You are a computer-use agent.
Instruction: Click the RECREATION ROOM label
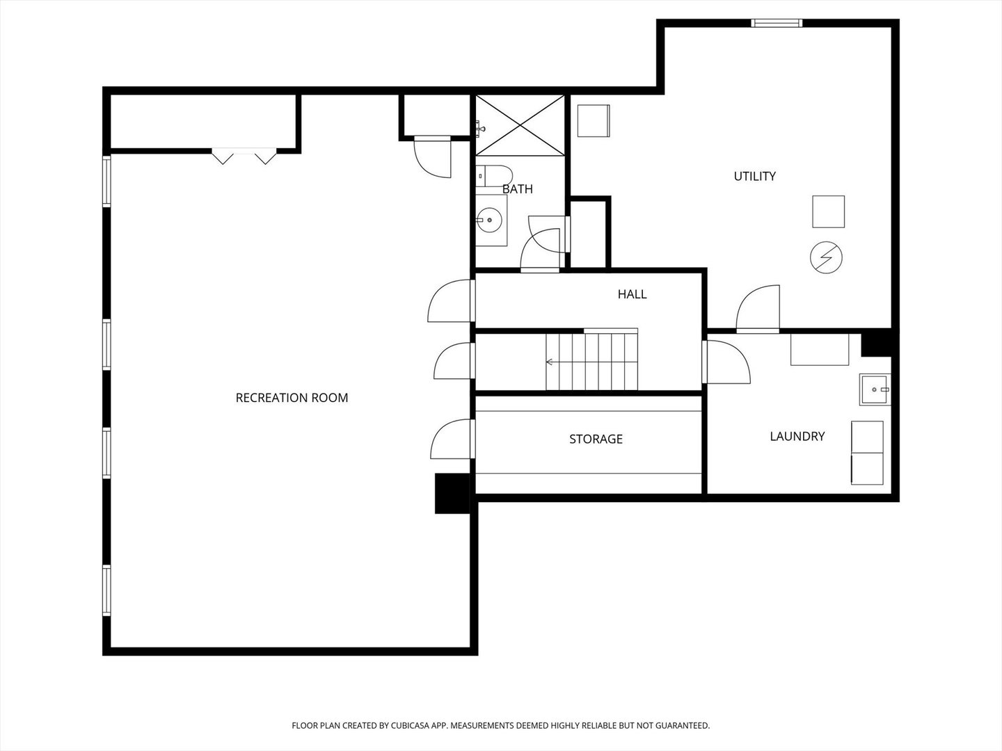pos(292,398)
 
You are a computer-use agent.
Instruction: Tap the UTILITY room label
pos(754,177)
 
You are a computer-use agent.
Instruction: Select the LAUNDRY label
pos(797,437)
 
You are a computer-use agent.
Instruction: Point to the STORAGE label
pos(596,439)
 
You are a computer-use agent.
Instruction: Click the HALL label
pos(632,295)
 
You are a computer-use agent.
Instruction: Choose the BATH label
pos(518,189)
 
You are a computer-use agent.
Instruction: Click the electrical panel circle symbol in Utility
pos(826,257)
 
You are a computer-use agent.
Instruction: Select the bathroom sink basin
pos(491,220)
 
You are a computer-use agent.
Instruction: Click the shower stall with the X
pos(520,126)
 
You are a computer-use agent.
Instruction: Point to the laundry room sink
pos(875,389)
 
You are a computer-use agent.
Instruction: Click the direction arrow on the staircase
pos(550,362)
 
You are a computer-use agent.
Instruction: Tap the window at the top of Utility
pos(777,23)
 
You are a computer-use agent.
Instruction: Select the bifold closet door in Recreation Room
pos(244,156)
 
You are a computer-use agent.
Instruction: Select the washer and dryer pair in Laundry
pos(867,453)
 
